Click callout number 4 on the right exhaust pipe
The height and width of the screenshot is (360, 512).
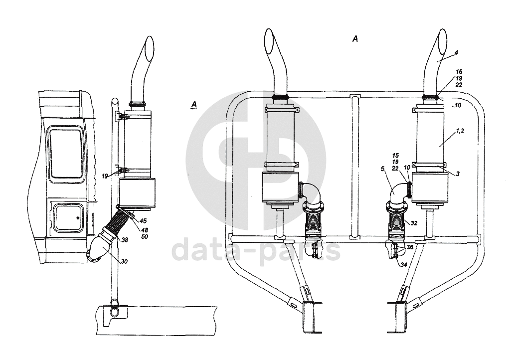tap(456, 52)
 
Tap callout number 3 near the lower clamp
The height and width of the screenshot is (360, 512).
tap(458, 174)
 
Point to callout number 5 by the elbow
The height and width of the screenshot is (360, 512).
tap(382, 169)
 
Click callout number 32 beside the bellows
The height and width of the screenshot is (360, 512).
tap(414, 223)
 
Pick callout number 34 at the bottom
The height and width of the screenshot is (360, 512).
tap(404, 265)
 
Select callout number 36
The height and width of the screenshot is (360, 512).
tap(410, 248)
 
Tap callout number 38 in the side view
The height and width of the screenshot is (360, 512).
tap(125, 240)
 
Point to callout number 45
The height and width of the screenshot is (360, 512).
tap(143, 221)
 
